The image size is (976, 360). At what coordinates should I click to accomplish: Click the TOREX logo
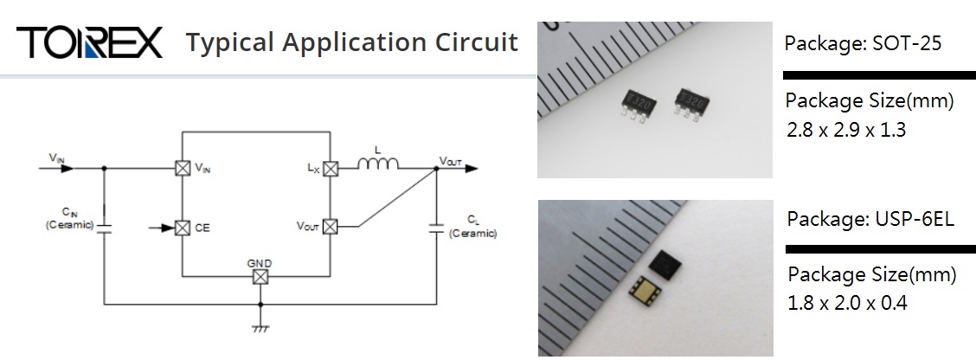click(x=89, y=42)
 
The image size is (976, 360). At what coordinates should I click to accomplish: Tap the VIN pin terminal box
click(x=183, y=169)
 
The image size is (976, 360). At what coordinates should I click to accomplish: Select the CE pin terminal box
click(x=183, y=228)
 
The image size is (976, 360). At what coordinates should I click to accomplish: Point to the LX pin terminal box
click(x=330, y=169)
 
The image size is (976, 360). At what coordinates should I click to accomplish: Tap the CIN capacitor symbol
click(x=104, y=227)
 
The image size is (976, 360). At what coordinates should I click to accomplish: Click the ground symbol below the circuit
click(x=259, y=327)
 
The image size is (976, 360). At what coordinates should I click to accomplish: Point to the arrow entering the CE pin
click(x=162, y=228)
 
